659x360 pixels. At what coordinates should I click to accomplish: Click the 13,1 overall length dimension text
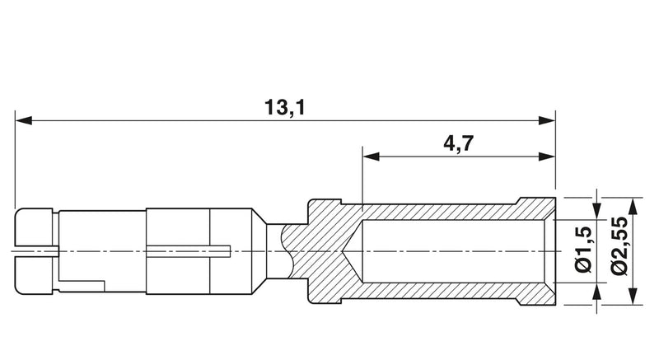pos(284,108)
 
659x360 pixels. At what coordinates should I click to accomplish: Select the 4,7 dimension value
pos(459,143)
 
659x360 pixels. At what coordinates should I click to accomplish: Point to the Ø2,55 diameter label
pos(620,246)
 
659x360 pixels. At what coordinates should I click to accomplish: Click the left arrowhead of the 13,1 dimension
pos(24,120)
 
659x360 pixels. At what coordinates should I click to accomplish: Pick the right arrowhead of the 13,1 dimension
pos(547,120)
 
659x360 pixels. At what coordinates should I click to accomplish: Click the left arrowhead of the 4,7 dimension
pos(372,157)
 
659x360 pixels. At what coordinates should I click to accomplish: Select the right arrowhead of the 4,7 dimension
pos(547,157)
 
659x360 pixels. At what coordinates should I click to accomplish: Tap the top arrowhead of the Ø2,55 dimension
pos(633,205)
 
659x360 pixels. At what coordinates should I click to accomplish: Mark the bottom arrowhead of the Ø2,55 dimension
pos(633,296)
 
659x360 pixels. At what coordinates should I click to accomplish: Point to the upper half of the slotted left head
pos(35,227)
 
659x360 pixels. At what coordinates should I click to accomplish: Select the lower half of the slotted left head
pos(35,276)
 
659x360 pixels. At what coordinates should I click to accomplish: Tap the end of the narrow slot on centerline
pos(230,251)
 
